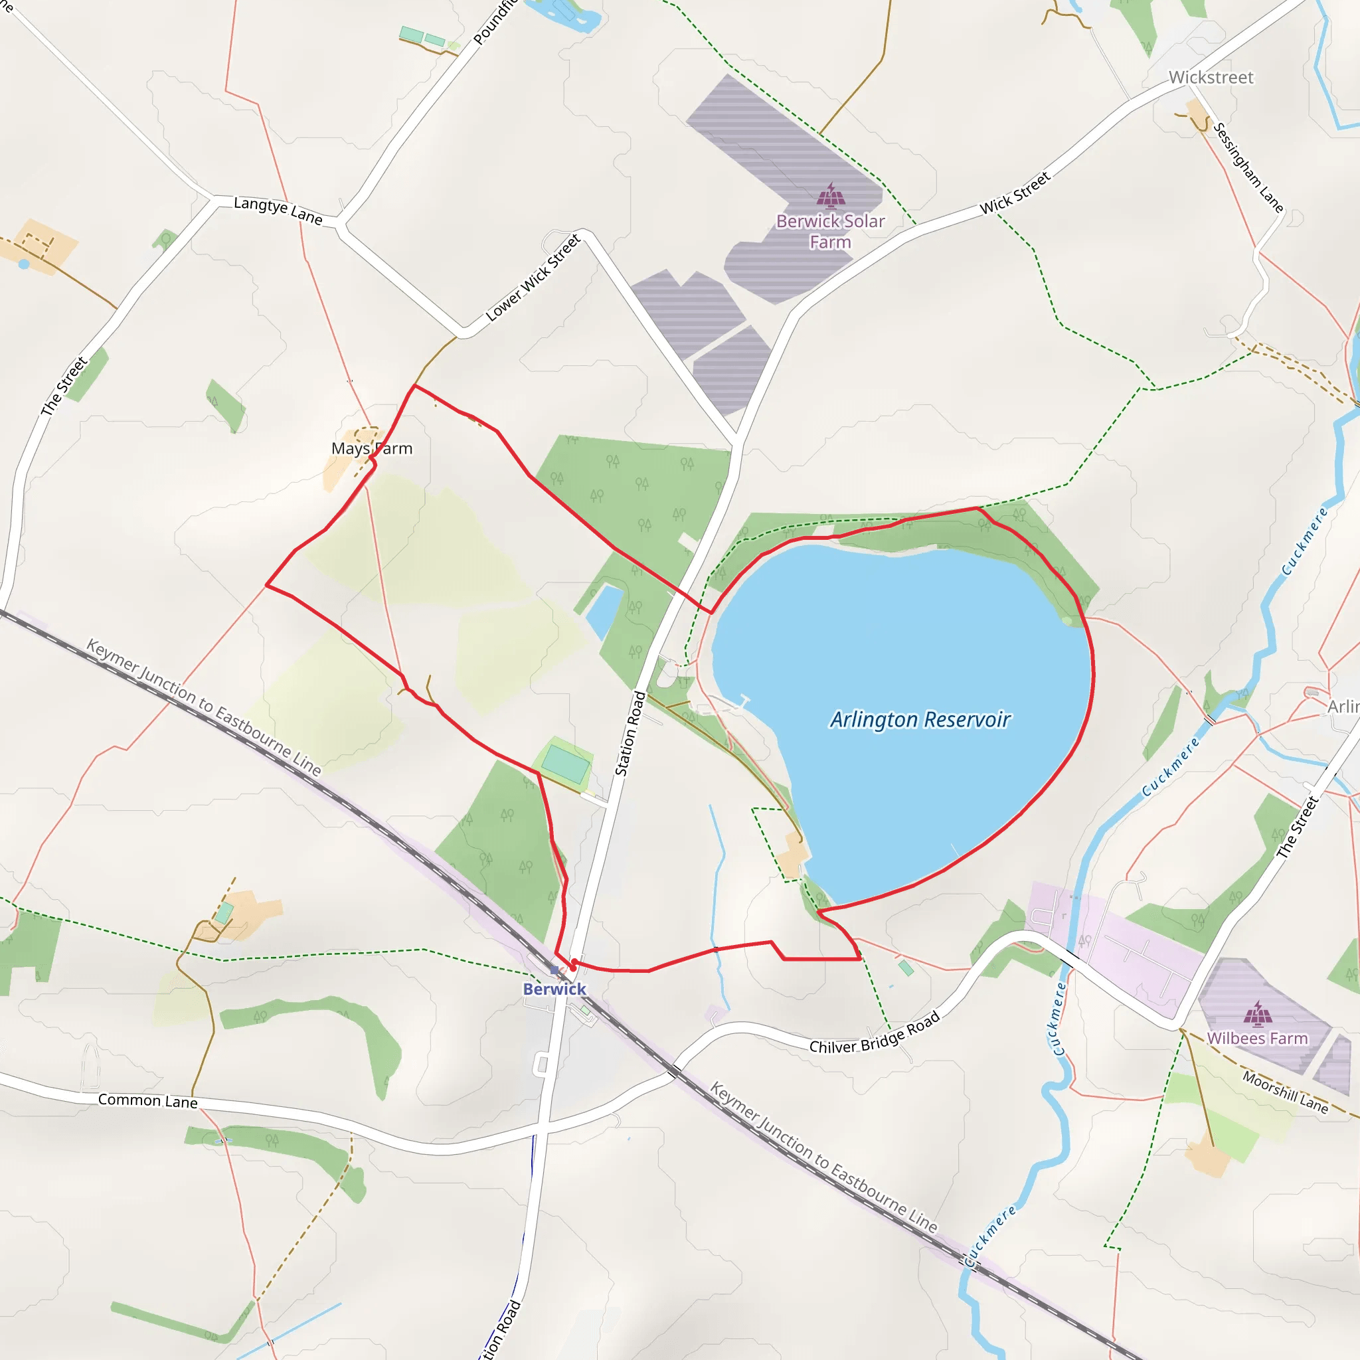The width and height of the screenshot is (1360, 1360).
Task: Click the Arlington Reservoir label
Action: [x=920, y=719]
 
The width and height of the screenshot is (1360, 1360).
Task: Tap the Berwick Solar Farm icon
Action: [x=831, y=196]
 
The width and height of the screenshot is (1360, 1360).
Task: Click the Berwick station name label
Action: [x=554, y=989]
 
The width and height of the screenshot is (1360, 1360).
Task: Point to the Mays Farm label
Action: [x=372, y=448]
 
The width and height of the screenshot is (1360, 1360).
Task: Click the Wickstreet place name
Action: [x=1211, y=78]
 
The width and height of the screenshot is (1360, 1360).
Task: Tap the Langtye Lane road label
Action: [x=278, y=211]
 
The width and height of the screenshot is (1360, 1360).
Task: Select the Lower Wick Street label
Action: [x=533, y=278]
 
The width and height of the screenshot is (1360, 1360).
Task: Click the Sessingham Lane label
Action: [x=1248, y=168]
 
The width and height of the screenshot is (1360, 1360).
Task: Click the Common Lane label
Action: [x=148, y=1100]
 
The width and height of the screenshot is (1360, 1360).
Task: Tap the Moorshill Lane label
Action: [x=1285, y=1092]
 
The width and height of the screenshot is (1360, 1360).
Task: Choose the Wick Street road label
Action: [x=1015, y=193]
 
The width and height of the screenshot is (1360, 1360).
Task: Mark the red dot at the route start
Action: [x=574, y=962]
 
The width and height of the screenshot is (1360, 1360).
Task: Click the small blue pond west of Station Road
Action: [x=604, y=609]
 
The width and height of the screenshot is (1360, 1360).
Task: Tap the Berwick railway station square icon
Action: [x=554, y=971]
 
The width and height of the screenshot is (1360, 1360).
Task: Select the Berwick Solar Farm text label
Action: [x=831, y=232]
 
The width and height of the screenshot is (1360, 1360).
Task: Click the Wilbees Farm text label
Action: [x=1257, y=1039]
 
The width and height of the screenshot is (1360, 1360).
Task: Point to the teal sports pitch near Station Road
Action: [x=565, y=764]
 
